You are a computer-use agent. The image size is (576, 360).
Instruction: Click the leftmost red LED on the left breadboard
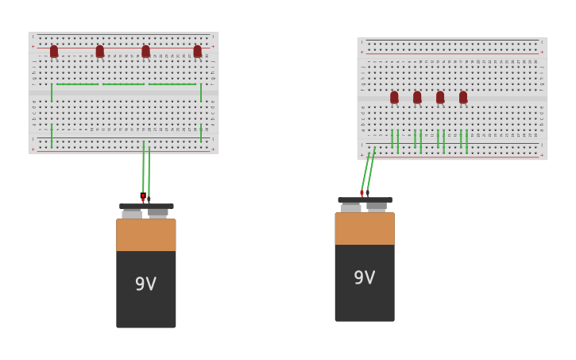(x=54, y=52)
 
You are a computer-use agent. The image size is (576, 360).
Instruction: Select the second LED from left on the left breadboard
(x=100, y=52)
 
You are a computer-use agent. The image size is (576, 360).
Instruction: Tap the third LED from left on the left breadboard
(x=145, y=52)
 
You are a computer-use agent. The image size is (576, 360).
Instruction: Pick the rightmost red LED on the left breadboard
(x=197, y=52)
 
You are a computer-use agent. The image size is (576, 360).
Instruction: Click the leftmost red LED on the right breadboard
(x=394, y=97)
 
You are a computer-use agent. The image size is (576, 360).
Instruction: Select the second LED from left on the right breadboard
(x=417, y=97)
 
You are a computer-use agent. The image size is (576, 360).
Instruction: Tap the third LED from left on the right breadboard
(x=440, y=97)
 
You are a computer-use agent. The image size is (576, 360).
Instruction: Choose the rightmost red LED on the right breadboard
(x=463, y=97)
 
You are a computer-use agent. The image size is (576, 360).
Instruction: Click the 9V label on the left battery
(x=145, y=284)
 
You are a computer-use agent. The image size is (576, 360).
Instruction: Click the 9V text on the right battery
(x=364, y=277)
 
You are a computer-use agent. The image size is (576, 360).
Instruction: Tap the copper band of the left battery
(x=145, y=234)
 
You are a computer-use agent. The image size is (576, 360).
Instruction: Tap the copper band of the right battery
(x=364, y=228)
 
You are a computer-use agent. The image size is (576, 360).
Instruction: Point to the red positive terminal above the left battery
(x=143, y=196)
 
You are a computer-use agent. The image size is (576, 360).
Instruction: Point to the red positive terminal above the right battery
(x=361, y=192)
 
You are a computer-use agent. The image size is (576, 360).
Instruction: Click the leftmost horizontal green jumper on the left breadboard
(x=77, y=84)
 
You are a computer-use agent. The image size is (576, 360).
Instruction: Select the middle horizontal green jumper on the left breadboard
(x=123, y=84)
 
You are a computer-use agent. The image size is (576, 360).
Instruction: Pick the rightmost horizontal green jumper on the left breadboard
(x=172, y=84)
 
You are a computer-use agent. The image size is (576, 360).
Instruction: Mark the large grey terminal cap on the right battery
(x=351, y=207)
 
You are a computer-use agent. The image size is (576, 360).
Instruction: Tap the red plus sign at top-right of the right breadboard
(x=542, y=52)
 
